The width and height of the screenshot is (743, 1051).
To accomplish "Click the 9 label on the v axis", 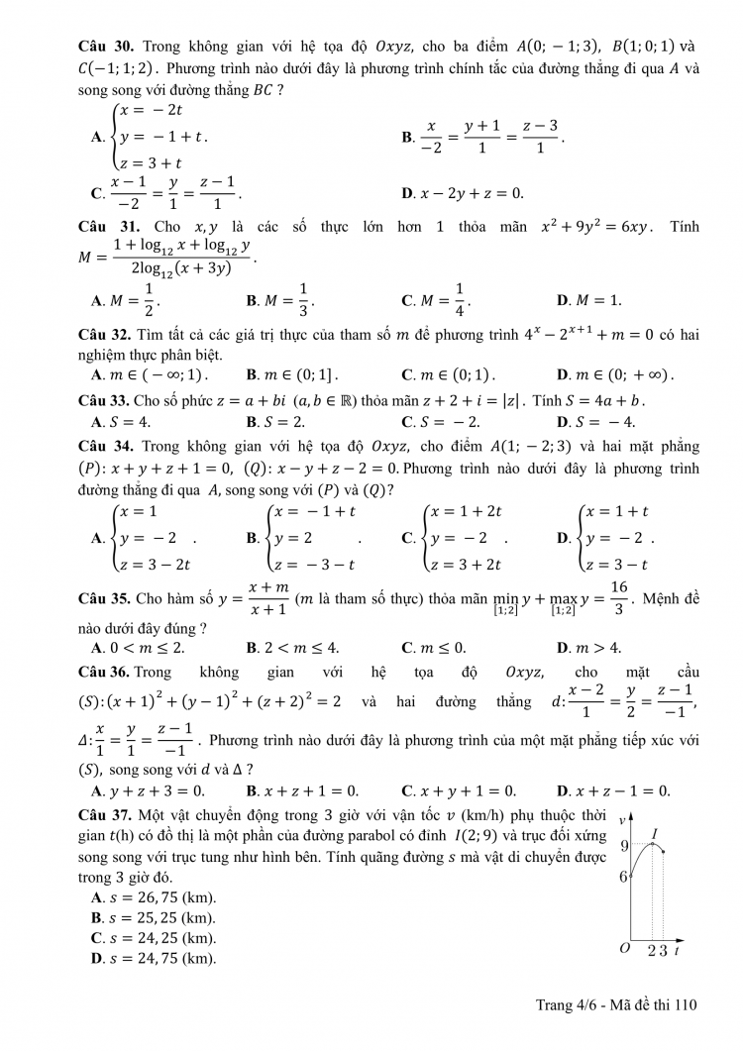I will point(624,845).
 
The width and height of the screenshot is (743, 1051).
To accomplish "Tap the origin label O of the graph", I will point(625,948).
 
